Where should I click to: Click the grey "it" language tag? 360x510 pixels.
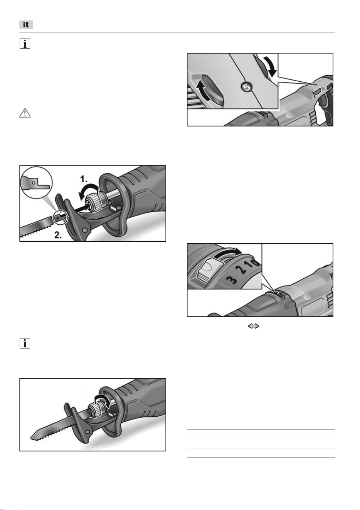tap(26, 25)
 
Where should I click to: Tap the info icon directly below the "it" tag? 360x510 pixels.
tap(25, 44)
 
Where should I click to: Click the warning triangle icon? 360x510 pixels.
tap(25, 113)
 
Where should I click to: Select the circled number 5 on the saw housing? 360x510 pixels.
tap(247, 87)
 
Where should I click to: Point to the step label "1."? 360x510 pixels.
tap(84, 179)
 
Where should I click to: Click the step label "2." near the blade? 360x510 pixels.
tap(58, 235)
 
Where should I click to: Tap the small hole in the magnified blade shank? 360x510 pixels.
tap(34, 183)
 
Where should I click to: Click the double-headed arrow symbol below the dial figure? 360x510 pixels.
tap(254, 326)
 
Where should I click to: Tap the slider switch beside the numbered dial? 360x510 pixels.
tap(210, 269)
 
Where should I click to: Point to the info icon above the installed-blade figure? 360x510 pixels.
tap(25, 343)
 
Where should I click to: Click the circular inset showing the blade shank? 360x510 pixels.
tap(37, 183)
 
